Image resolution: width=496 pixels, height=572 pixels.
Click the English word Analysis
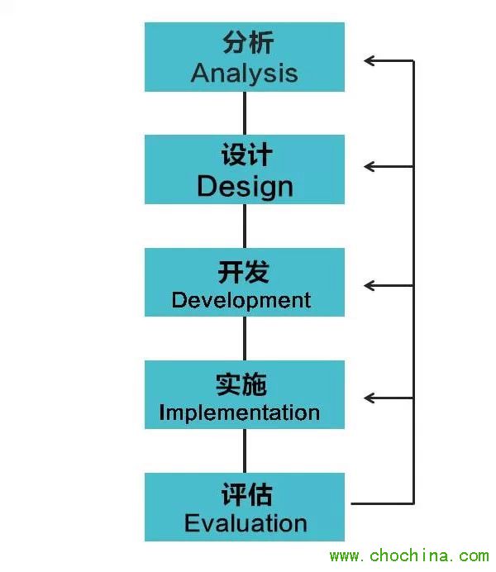[x=244, y=73]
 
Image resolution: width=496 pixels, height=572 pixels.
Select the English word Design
[x=245, y=186]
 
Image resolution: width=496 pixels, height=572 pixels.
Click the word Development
[x=241, y=299]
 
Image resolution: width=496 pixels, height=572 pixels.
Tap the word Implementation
[x=239, y=412]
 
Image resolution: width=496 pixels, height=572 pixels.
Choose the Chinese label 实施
[x=242, y=384]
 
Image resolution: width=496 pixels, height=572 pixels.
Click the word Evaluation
[x=245, y=523]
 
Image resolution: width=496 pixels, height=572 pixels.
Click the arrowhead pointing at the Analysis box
[x=369, y=60]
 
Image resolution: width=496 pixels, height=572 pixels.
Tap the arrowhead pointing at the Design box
[x=369, y=166]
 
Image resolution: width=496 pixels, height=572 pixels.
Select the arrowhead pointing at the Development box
[x=369, y=285]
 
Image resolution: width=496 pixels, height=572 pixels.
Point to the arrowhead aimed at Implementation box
[x=369, y=398]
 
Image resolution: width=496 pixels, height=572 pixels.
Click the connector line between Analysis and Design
[x=245, y=113]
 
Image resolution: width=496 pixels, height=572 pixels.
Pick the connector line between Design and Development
[x=245, y=226]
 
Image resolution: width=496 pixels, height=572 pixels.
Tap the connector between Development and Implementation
[x=245, y=338]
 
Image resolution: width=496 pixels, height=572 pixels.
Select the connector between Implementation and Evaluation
[x=245, y=450]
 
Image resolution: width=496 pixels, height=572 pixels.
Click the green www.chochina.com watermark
[x=409, y=556]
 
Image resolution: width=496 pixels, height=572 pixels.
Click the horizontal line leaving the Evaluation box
[x=380, y=503]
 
